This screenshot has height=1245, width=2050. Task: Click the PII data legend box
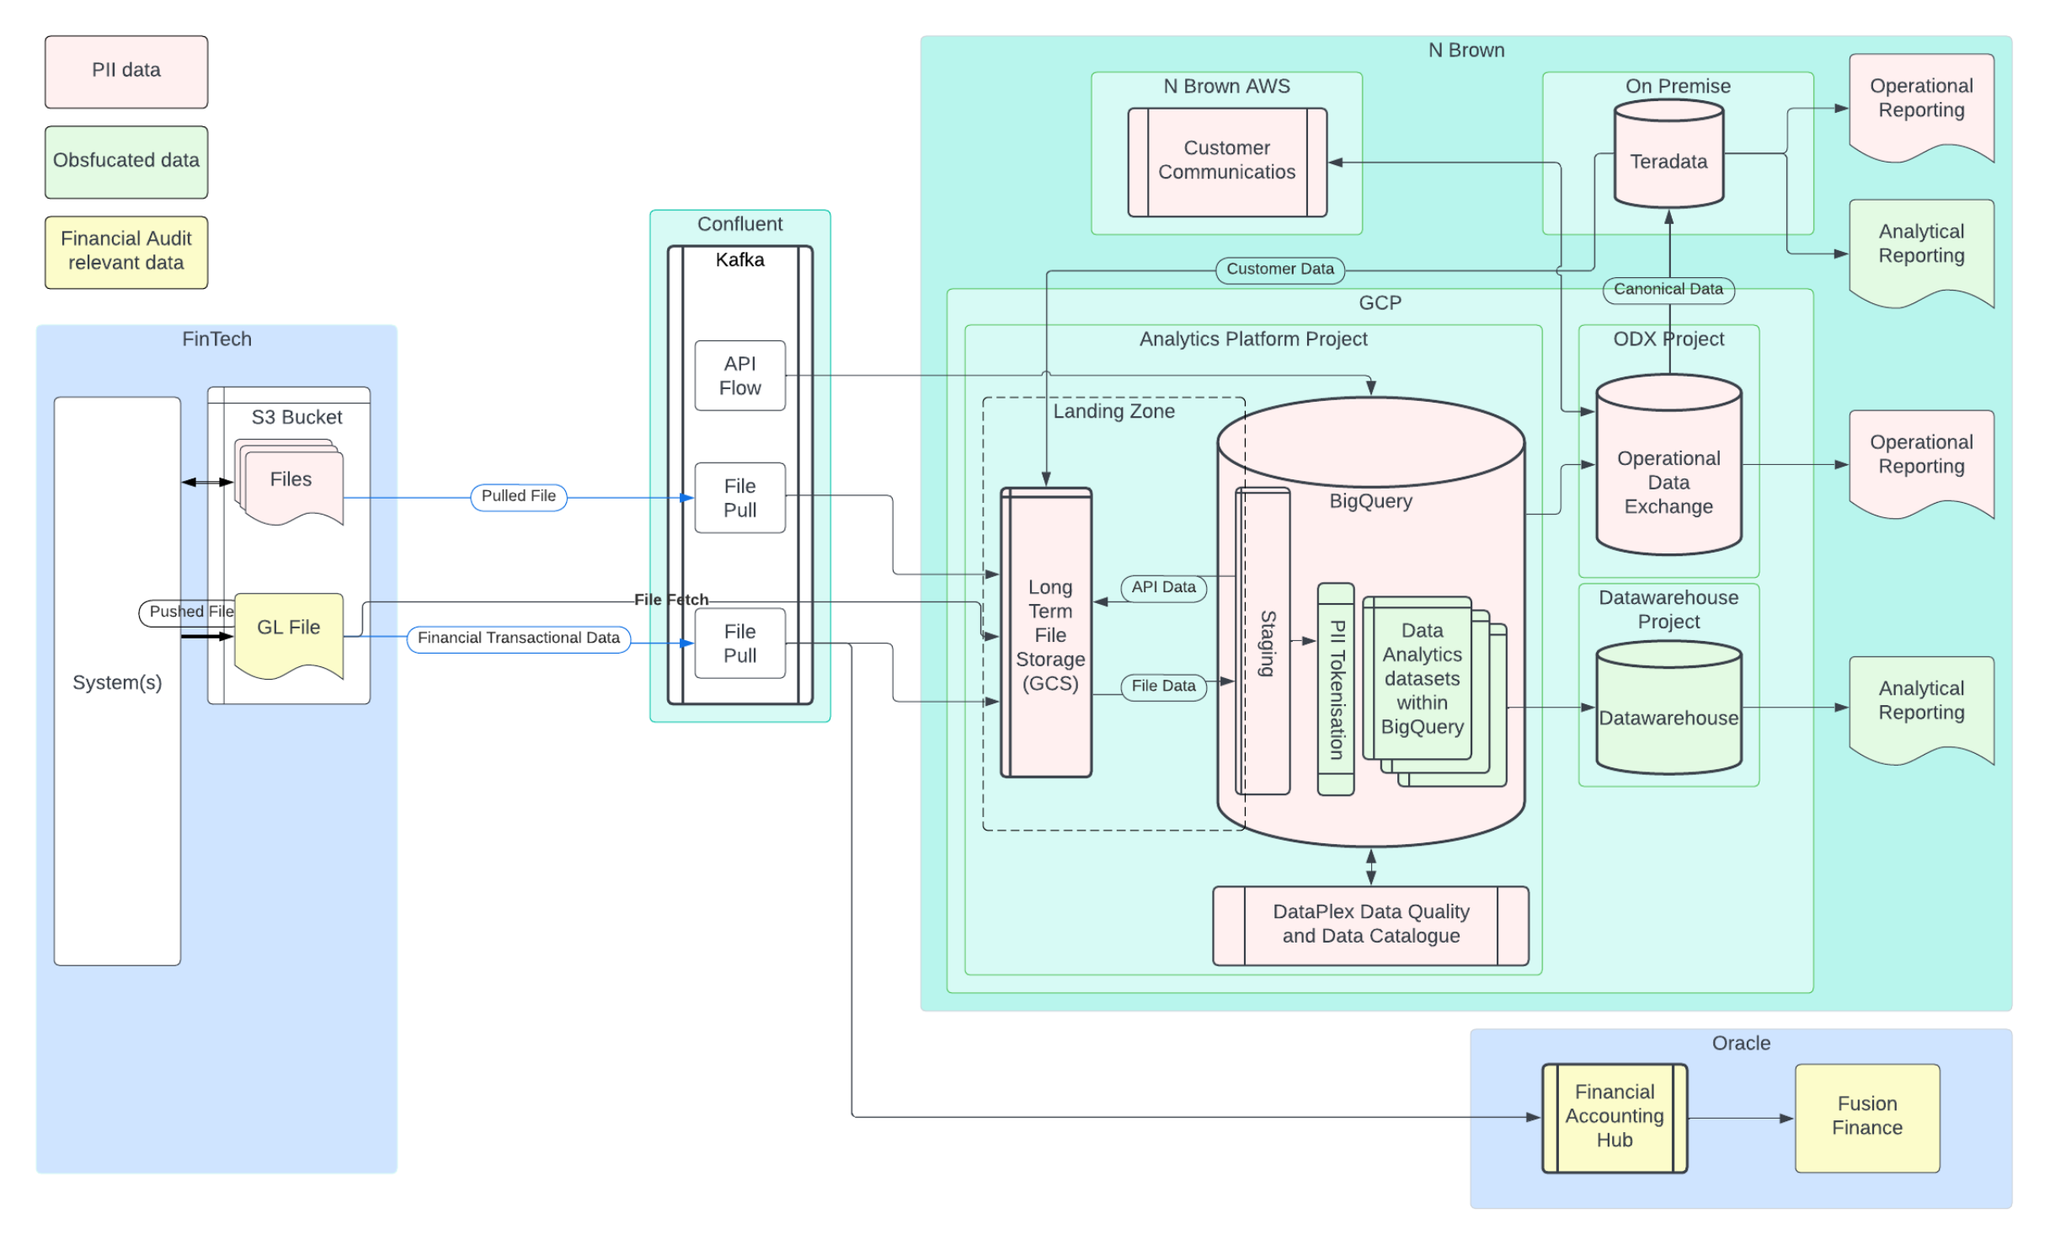(x=126, y=72)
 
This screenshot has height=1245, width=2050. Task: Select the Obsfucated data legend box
(x=126, y=162)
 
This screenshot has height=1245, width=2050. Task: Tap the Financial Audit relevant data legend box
(x=126, y=252)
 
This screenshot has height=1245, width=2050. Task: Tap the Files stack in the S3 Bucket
(x=291, y=482)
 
